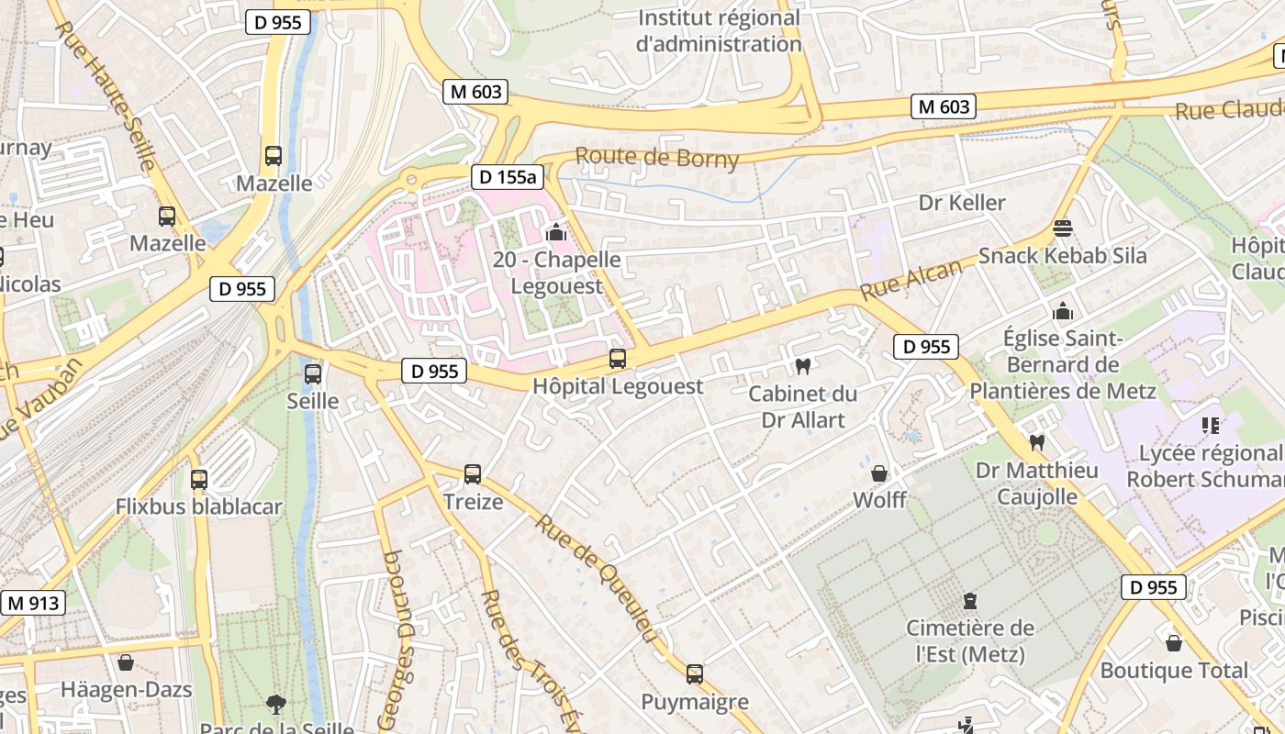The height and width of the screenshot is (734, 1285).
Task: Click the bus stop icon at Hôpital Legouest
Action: point(618,359)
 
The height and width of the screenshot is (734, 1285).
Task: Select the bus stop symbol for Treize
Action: point(473,474)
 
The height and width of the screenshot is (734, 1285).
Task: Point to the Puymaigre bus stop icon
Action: point(695,674)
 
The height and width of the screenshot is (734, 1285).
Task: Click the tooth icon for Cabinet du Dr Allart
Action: point(803,366)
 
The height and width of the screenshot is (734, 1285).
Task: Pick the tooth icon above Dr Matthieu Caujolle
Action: point(1037,442)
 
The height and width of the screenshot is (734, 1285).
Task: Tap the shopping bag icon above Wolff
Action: point(879,473)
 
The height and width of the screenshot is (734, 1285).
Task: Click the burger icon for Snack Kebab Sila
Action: point(1063,228)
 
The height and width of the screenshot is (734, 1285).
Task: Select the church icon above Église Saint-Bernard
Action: point(1063,311)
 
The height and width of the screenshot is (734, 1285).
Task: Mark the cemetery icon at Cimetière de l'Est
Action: point(970,601)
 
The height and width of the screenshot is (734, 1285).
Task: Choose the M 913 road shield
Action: point(34,603)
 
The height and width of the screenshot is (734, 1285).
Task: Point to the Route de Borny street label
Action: point(657,158)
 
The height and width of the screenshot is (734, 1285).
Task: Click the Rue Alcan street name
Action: point(911,279)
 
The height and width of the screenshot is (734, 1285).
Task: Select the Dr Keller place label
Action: point(962,203)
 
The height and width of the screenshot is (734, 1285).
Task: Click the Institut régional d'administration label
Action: point(720,30)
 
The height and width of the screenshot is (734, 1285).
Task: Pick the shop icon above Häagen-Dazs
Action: point(126,662)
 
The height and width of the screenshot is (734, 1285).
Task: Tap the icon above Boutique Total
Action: point(1174,643)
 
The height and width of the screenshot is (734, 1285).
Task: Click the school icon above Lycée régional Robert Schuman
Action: point(1210,426)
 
